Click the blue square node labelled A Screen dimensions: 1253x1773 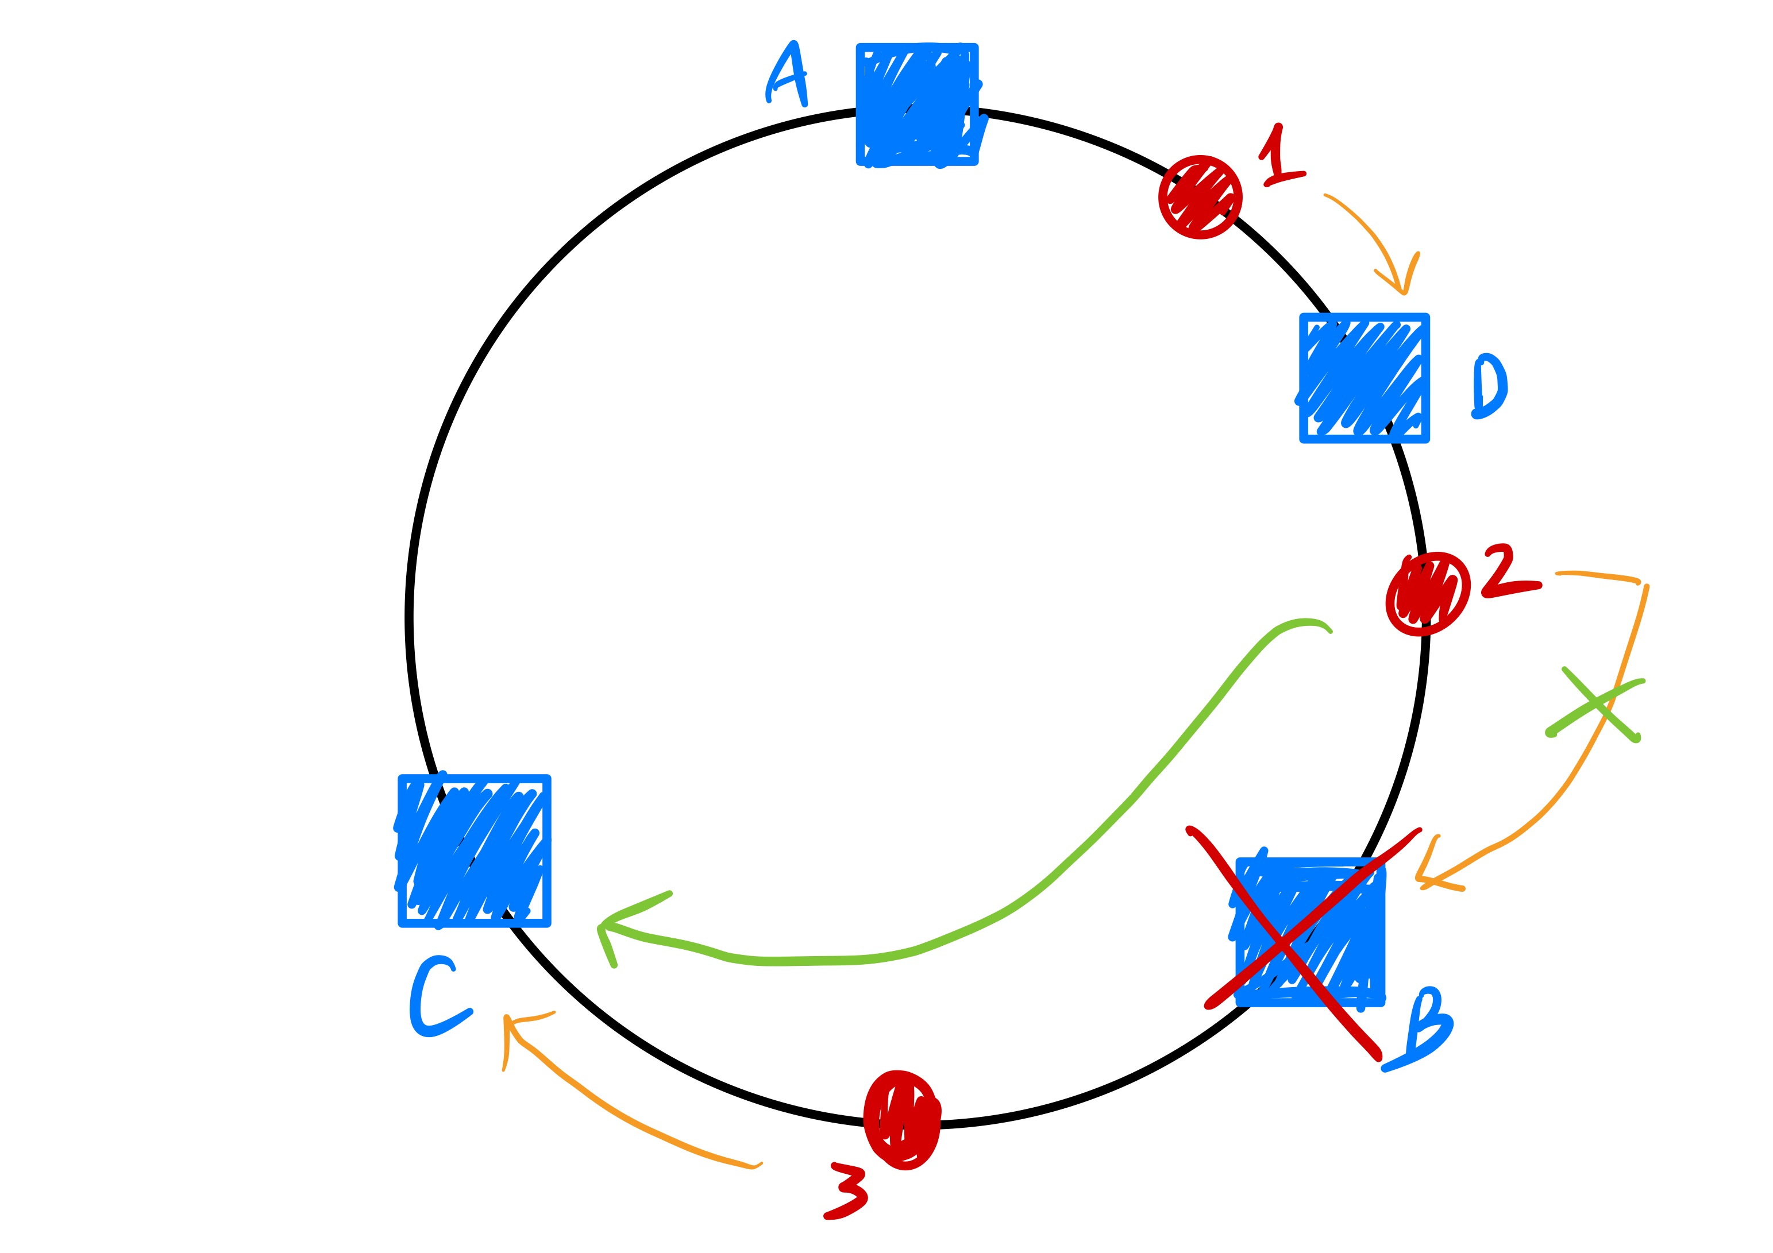(x=916, y=104)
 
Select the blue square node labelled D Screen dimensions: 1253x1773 (x=1364, y=377)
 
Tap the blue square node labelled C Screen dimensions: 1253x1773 (x=474, y=850)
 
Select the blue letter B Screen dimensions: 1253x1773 (x=1425, y=1028)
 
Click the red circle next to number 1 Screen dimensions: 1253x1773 (x=1200, y=197)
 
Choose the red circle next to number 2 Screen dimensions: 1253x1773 (x=1427, y=594)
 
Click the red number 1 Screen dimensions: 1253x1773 (x=1279, y=157)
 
